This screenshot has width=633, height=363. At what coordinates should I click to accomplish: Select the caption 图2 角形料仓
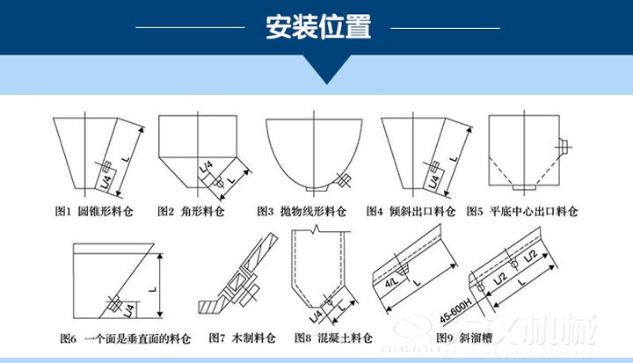(x=190, y=212)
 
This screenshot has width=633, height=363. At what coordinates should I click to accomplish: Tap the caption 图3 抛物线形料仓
(x=302, y=212)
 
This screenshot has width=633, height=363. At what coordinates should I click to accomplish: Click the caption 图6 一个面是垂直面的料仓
(x=124, y=338)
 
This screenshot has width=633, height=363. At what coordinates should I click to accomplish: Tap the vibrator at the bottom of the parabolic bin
(x=343, y=182)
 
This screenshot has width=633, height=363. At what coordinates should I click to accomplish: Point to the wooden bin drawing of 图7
(x=242, y=272)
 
